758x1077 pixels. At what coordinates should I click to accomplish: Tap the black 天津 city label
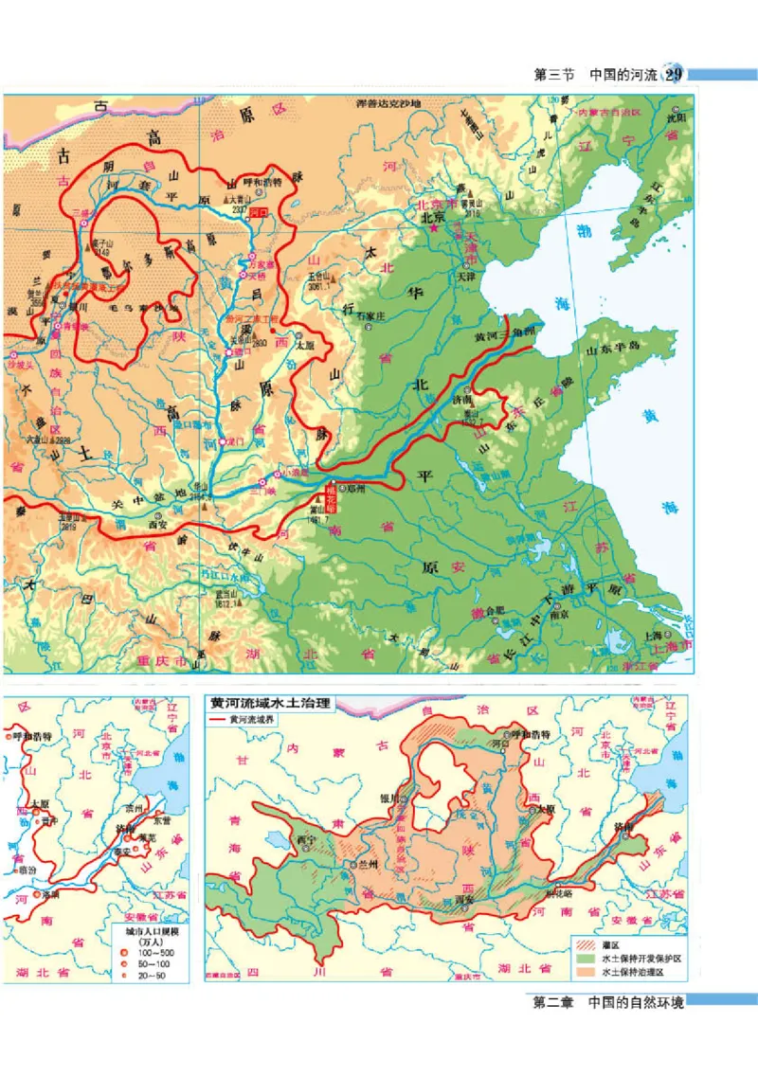(464, 278)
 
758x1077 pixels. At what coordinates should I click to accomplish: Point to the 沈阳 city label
(675, 119)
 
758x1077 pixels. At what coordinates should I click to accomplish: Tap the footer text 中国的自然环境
(636, 1002)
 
